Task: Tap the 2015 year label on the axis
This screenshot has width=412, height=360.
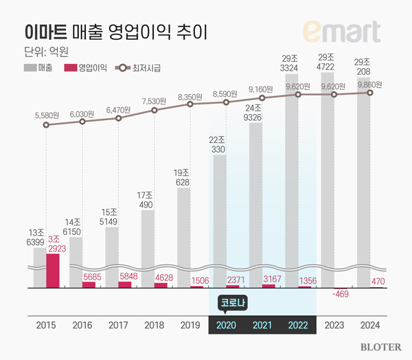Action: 46,324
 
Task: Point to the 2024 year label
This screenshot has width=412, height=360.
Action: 370,324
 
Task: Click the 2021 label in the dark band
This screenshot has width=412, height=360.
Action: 262,324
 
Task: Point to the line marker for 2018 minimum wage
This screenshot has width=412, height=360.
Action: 154,109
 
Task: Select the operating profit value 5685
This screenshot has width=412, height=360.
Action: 90,277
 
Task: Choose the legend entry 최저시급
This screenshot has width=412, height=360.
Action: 145,69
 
